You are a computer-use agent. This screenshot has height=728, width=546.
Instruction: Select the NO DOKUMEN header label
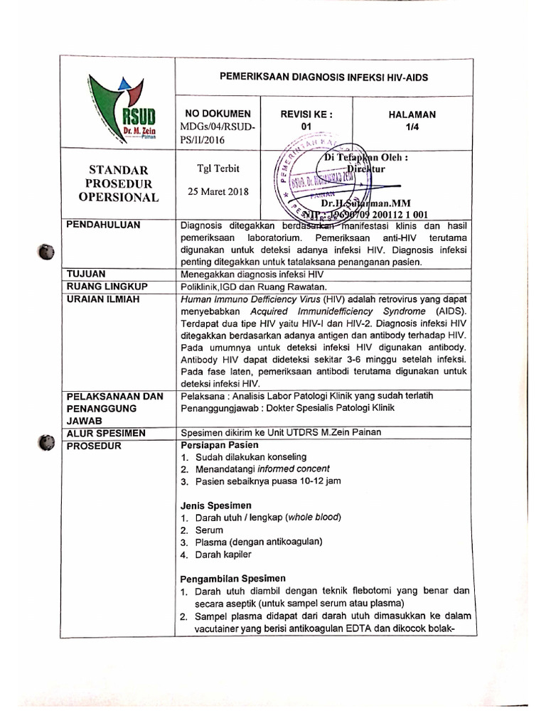(x=218, y=114)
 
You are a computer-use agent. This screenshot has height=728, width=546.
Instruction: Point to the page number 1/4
(x=412, y=127)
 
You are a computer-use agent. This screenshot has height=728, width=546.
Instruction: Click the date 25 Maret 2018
(x=214, y=192)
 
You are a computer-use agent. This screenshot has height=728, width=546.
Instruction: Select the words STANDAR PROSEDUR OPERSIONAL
(x=118, y=183)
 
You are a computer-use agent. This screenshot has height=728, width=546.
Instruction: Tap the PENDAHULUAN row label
(x=103, y=225)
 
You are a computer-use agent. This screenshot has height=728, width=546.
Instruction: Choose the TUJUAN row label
(x=85, y=273)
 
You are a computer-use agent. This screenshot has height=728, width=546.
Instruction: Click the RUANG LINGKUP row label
(x=107, y=286)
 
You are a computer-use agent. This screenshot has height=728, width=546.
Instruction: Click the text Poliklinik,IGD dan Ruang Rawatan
(x=253, y=286)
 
